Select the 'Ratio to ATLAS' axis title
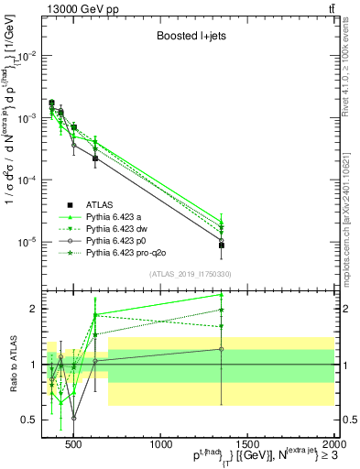coord(12,364)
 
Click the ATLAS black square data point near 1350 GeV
coord(222,245)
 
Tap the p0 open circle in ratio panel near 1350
coord(222,349)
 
